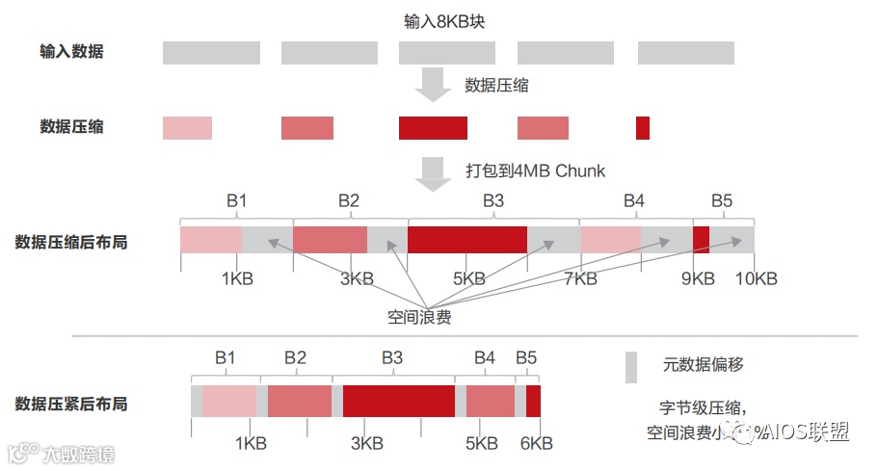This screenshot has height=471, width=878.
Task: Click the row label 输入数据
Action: pos(71,52)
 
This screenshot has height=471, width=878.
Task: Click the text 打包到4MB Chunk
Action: pos(535,170)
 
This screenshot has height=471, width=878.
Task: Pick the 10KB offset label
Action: pos(756,279)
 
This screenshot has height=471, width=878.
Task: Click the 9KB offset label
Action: pos(698,279)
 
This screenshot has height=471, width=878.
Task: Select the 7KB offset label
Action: pos(580,279)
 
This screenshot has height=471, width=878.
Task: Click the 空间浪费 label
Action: pos(419,317)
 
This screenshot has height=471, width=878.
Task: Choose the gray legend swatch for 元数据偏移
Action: pos(631,366)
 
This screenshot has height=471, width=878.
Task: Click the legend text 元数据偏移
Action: pos(703,365)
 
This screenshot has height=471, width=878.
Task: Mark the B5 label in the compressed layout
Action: pos(722,200)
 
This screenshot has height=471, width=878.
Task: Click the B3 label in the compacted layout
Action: pos(392,357)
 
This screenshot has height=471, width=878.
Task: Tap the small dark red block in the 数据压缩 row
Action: pos(643,127)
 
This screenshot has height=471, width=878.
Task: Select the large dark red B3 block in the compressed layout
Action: pos(467,240)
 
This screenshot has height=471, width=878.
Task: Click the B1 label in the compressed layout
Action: pos(237,200)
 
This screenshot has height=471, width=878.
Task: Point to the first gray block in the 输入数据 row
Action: pos(211,52)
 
